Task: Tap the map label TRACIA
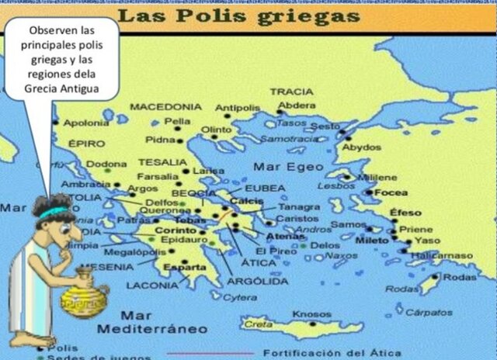pos(291,92)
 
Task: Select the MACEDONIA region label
pos(165,106)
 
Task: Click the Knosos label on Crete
pos(311,313)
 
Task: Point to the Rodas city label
pos(460,277)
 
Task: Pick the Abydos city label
pos(361,147)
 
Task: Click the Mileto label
pos(371,241)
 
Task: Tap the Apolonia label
pos(86,123)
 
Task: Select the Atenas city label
pos(285,236)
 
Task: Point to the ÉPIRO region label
pos(85,144)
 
